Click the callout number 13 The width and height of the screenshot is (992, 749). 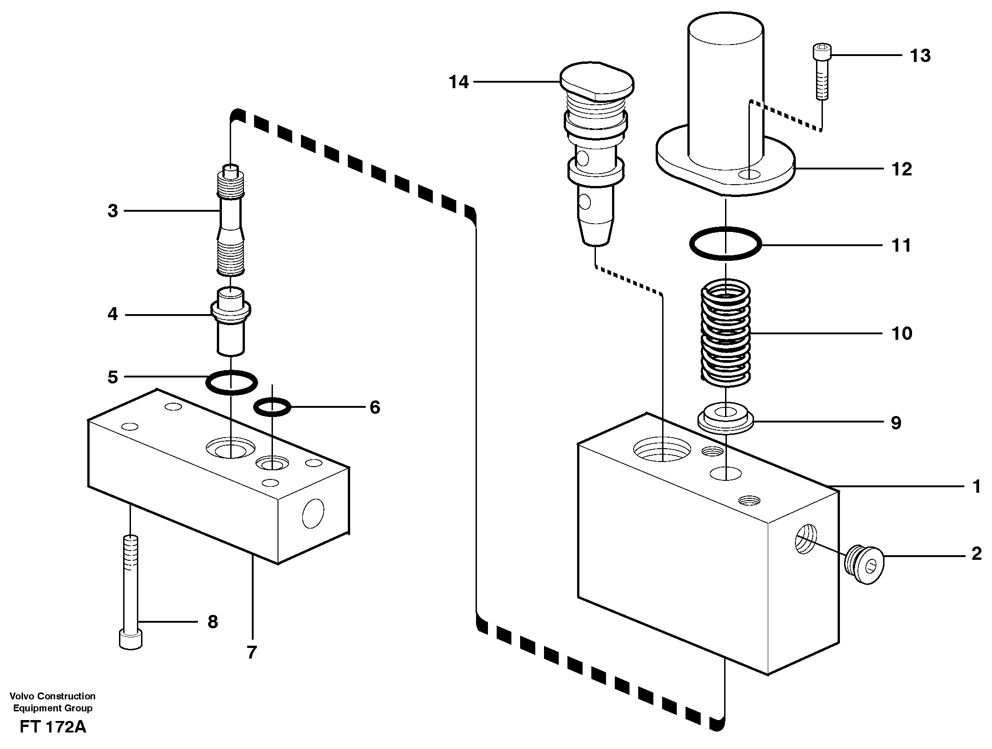(x=920, y=56)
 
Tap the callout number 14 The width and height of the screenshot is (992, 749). (x=459, y=82)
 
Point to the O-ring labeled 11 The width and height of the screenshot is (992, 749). (x=725, y=244)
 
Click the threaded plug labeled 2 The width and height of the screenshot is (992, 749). (x=864, y=564)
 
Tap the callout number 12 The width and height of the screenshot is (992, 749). (x=901, y=169)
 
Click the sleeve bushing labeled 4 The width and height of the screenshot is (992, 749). (x=230, y=321)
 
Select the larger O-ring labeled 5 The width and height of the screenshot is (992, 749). (x=231, y=382)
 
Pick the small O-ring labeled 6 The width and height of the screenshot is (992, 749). (x=272, y=407)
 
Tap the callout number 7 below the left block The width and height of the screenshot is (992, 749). (x=251, y=652)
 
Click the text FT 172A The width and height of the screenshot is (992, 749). (x=53, y=727)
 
